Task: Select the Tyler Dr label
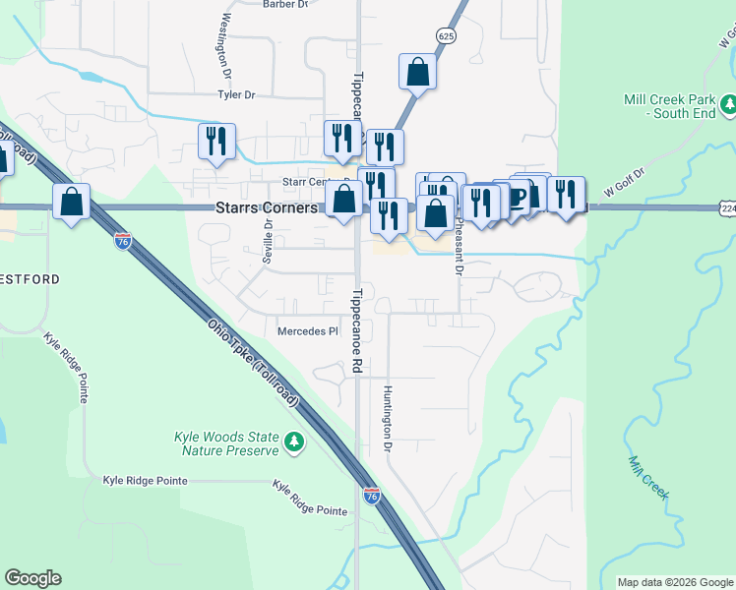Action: point(236,95)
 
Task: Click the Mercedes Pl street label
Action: point(307,331)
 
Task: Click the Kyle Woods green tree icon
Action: point(293,443)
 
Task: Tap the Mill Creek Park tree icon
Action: point(729,103)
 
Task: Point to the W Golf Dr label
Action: point(624,184)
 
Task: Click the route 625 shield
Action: point(447,36)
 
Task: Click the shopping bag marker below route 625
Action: point(417,73)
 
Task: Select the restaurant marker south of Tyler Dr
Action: point(216,142)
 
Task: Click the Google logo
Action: point(32,578)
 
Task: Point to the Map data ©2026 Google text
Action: point(674,582)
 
